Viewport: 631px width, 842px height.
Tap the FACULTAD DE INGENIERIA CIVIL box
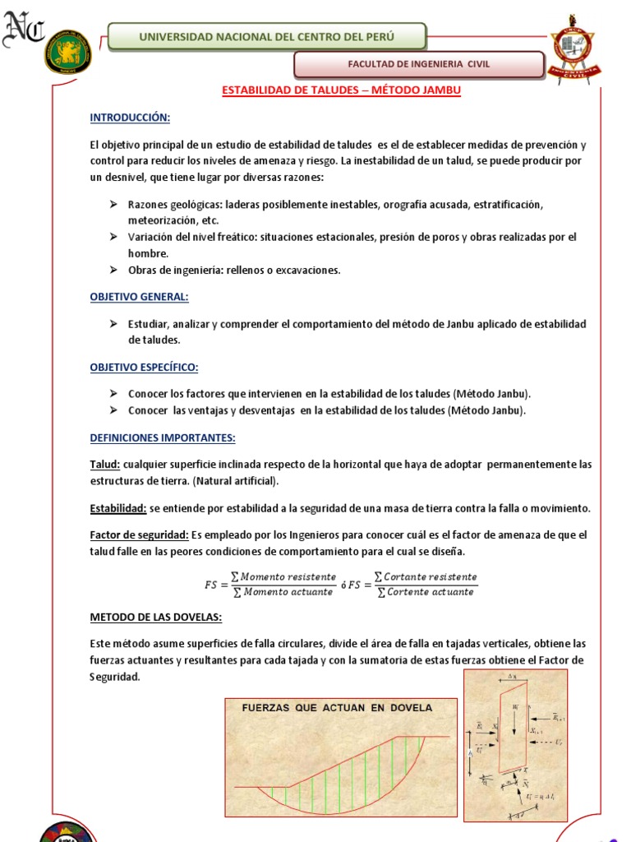419,64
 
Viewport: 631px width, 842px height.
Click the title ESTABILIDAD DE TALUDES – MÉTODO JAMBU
342,91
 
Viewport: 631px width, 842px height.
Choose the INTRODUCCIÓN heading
130,118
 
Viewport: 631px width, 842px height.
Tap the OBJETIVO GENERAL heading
139,297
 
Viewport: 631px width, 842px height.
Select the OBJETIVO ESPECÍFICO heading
144,367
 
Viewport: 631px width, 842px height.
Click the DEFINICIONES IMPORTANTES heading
163,437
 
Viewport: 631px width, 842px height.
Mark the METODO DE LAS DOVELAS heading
155,617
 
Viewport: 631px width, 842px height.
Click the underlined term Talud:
105,465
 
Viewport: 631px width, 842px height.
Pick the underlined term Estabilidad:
118,508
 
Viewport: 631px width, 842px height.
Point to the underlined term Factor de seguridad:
139,535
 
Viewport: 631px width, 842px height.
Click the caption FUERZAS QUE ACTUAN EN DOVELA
337,708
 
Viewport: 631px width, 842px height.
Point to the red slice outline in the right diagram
509,732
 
